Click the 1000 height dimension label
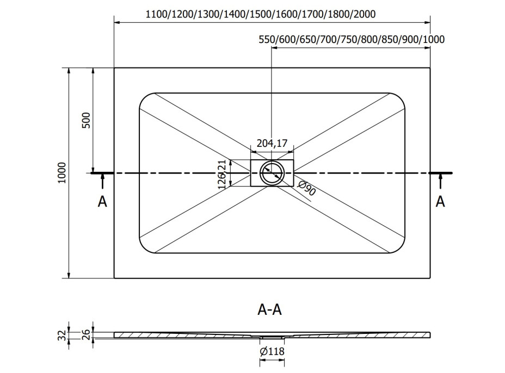click(x=62, y=173)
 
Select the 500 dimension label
click(x=87, y=120)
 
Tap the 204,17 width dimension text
click(x=272, y=143)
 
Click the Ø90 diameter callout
click(x=306, y=188)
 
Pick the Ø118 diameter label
click(x=272, y=351)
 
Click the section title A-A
click(x=270, y=309)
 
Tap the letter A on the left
click(x=102, y=202)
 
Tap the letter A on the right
click(x=440, y=202)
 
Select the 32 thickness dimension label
click(x=63, y=335)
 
